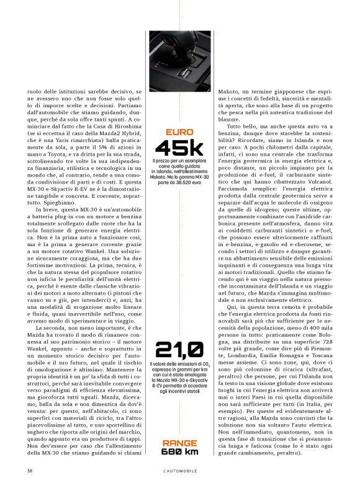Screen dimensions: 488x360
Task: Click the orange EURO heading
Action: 180,131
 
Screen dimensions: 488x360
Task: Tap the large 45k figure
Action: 180,148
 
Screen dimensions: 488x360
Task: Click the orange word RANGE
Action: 180,443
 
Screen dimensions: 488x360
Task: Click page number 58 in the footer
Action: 30,471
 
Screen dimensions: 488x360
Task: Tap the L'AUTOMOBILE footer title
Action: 180,471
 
